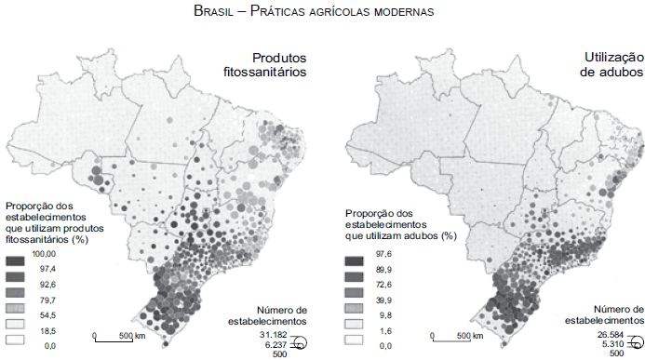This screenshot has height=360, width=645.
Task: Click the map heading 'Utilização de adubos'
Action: [605, 64]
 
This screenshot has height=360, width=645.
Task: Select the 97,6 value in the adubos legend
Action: [383, 253]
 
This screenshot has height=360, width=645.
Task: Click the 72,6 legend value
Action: [383, 285]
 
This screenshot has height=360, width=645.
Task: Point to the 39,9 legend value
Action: [383, 300]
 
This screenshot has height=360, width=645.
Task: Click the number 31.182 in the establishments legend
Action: [271, 333]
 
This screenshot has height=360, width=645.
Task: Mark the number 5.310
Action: [612, 343]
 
